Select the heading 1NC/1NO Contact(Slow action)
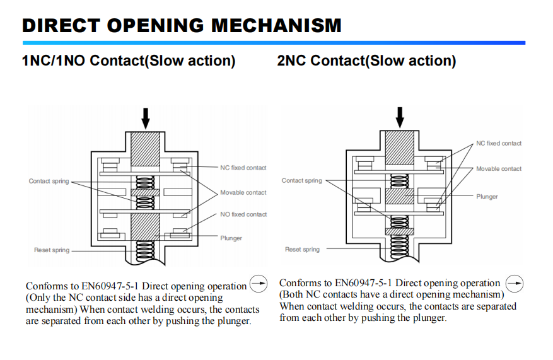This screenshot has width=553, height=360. [x=129, y=61]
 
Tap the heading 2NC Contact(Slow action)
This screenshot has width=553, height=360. [x=366, y=61]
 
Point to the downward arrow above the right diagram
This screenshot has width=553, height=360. [x=399, y=117]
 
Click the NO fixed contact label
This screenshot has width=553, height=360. [x=243, y=214]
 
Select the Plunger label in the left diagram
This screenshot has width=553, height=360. [x=231, y=238]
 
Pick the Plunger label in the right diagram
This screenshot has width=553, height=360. [x=487, y=197]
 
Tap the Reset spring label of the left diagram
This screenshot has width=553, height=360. [x=52, y=250]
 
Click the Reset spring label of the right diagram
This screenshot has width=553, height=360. [x=302, y=250]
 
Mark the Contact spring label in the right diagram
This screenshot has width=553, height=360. [x=301, y=180]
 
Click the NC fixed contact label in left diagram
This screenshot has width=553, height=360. [x=243, y=168]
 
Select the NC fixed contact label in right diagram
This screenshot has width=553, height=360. [x=499, y=143]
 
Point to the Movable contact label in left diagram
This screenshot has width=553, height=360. [x=243, y=192]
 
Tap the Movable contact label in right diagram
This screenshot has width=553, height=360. [x=499, y=168]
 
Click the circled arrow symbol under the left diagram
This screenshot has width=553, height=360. [x=259, y=284]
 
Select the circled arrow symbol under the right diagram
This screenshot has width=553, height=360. [x=515, y=283]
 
